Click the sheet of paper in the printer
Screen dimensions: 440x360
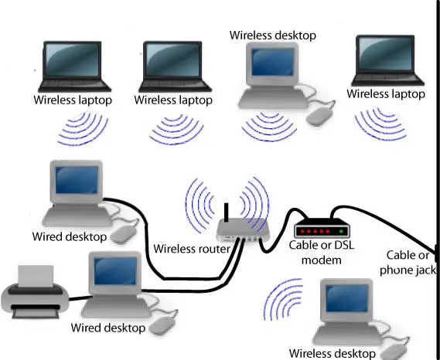click(36, 276)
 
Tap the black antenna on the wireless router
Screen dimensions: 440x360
click(226, 212)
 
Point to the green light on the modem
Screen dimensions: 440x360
click(341, 232)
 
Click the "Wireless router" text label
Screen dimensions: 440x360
click(192, 249)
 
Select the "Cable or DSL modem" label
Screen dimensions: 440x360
click(322, 253)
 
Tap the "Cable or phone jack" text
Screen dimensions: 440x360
click(408, 263)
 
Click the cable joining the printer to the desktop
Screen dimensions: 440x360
click(79, 298)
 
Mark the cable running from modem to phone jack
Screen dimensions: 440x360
click(387, 222)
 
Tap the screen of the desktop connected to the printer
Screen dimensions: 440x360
click(115, 271)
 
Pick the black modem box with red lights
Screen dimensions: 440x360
click(322, 228)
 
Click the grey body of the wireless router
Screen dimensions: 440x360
click(243, 230)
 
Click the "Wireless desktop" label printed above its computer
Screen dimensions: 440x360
click(273, 36)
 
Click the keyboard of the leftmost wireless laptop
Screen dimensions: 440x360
click(74, 83)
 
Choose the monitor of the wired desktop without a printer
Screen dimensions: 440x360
click(77, 181)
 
